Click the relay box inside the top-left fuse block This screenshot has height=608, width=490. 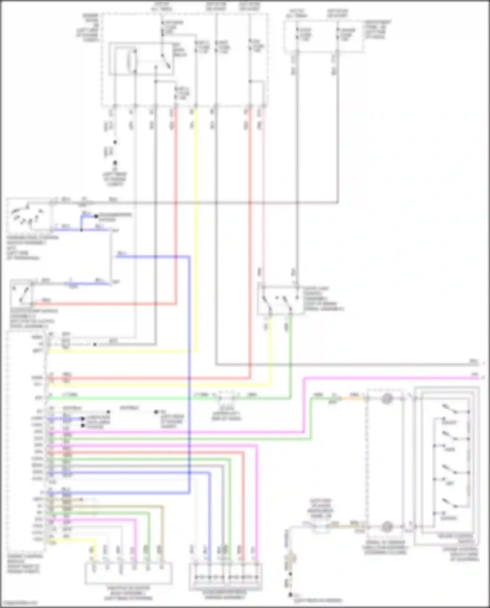click(141, 59)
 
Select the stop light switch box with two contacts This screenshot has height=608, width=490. click(280, 300)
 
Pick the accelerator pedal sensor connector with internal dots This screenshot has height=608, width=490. click(225, 577)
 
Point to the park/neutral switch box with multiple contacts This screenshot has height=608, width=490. click(29, 216)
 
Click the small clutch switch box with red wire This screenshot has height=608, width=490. click(21, 292)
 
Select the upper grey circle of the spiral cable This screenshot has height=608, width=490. click(387, 399)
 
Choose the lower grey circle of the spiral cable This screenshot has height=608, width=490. click(387, 526)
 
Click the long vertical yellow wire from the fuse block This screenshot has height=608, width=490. click(196, 229)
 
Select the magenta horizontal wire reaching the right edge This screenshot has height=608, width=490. click(392, 378)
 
